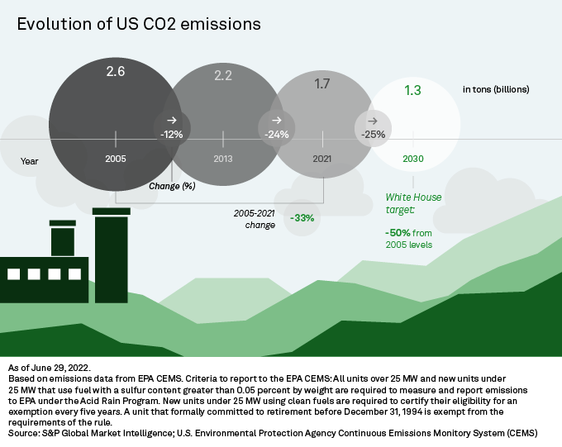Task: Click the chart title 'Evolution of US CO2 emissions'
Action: [x=139, y=25]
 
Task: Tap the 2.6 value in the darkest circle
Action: [x=116, y=73]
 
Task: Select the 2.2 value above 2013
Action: [x=223, y=76]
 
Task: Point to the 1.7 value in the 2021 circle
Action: [x=322, y=83]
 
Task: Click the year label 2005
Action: [x=116, y=158]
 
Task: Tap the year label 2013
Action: [x=223, y=158]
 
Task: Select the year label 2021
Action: [x=322, y=158]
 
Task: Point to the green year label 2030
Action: [x=413, y=158]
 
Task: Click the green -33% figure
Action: [x=302, y=218]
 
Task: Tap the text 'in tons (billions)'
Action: [x=496, y=88]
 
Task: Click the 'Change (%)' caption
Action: [x=172, y=186]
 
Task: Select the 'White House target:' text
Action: [x=413, y=204]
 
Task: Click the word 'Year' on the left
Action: [x=31, y=162]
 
